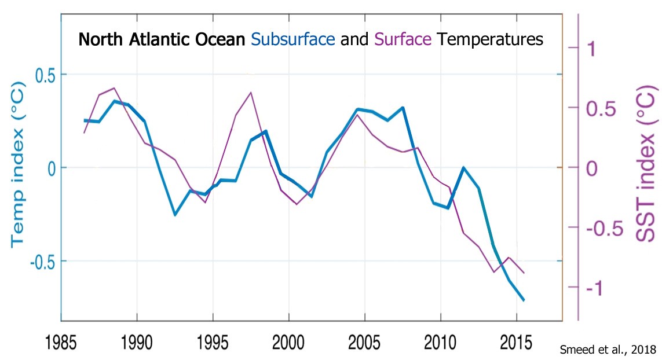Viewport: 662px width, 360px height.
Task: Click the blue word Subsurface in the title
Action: pos(294,40)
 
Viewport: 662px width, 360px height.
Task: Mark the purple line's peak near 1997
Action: pos(251,92)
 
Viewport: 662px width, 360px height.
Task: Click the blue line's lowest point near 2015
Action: pos(524,300)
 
